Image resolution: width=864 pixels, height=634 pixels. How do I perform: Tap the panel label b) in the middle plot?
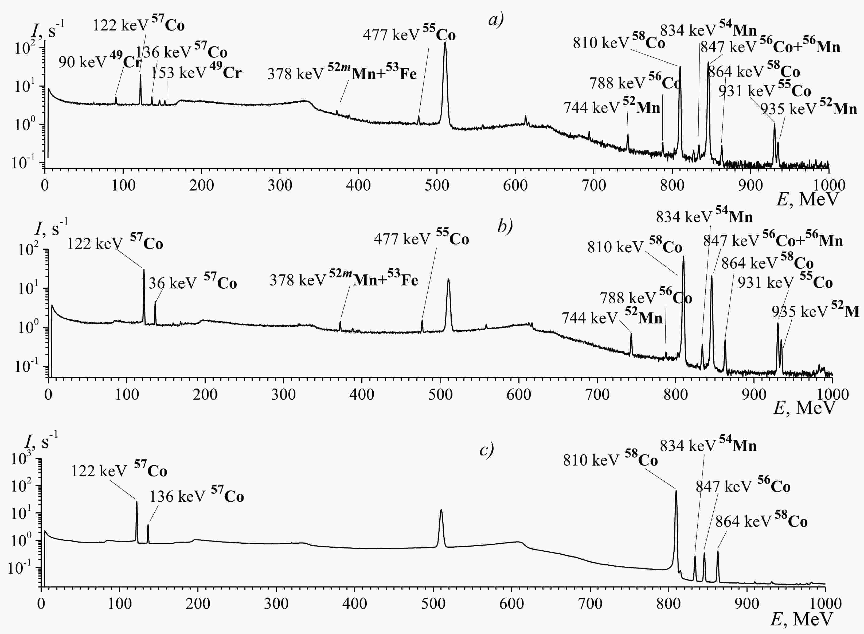click(x=505, y=226)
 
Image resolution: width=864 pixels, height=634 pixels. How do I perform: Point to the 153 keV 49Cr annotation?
click(x=196, y=72)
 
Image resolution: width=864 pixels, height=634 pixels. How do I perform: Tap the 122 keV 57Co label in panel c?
click(x=119, y=470)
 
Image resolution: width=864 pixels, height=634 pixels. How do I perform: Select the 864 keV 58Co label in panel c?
click(x=761, y=521)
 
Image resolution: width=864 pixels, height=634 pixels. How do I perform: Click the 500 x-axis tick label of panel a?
click(x=436, y=185)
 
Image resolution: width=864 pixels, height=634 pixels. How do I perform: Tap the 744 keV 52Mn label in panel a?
click(x=612, y=107)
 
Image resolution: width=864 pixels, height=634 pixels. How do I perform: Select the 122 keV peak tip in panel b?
click(x=144, y=269)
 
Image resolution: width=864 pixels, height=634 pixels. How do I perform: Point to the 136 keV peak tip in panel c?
click(x=148, y=525)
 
